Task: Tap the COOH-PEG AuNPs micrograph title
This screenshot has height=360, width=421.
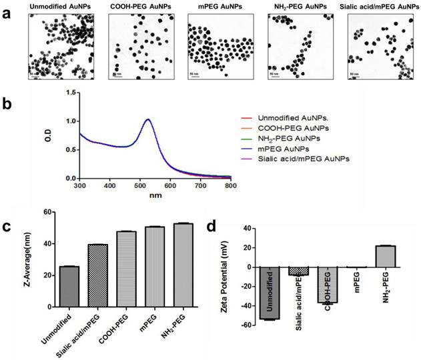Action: [x=135, y=7]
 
